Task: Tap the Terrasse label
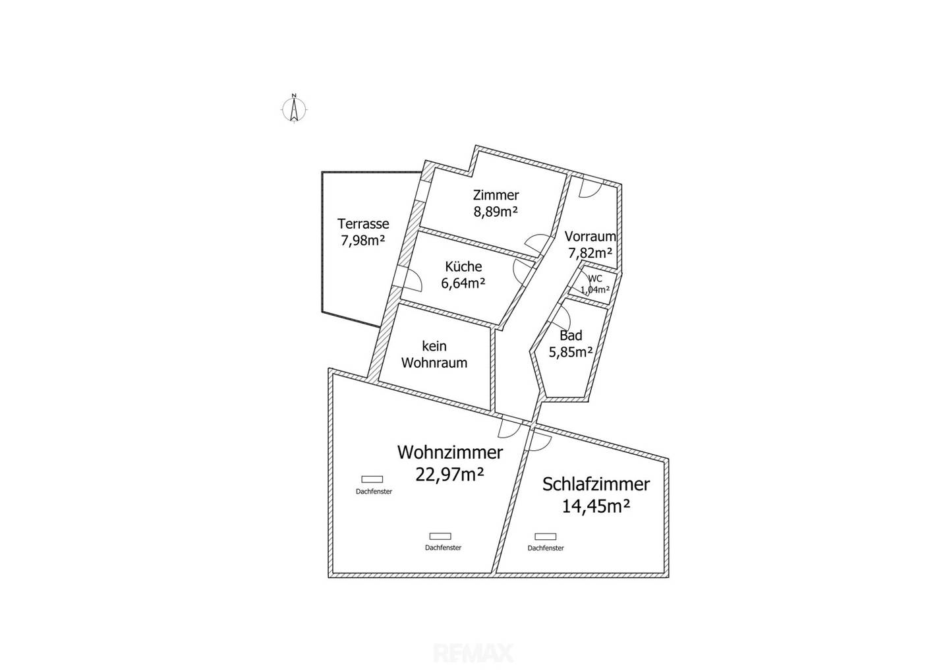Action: click(x=363, y=223)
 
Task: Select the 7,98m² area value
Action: click(x=363, y=241)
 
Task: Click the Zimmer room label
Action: click(x=496, y=195)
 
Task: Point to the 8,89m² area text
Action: click(x=496, y=212)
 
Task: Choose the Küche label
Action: click(x=463, y=266)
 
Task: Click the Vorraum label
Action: click(x=590, y=236)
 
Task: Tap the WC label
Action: click(x=595, y=279)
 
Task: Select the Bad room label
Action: click(x=571, y=335)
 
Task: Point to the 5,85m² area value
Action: click(x=571, y=351)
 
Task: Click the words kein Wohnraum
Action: click(x=434, y=355)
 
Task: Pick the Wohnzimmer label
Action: click(x=450, y=452)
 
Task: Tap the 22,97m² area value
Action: click(x=450, y=475)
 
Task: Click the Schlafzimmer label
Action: click(x=596, y=484)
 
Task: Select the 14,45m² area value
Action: click(x=596, y=506)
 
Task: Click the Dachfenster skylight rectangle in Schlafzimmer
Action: click(x=546, y=537)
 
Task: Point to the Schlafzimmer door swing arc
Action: click(x=542, y=440)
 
